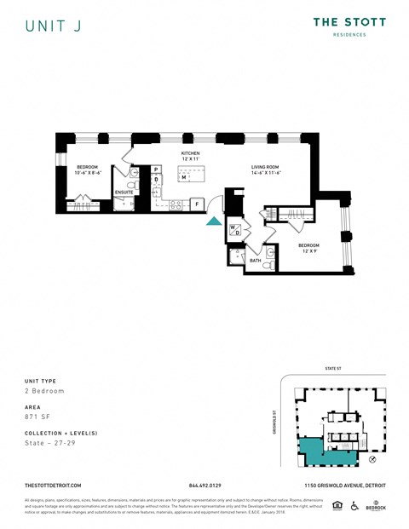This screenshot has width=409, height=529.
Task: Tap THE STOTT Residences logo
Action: click(x=349, y=26)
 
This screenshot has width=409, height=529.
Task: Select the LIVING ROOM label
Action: click(x=267, y=167)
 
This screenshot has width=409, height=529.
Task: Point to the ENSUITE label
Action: click(x=124, y=193)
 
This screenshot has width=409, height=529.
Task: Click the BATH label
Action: click(x=255, y=260)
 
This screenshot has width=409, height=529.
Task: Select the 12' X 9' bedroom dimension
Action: click(x=308, y=250)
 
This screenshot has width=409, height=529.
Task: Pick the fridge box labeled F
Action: click(x=197, y=204)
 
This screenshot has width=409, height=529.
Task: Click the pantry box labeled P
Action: click(x=156, y=170)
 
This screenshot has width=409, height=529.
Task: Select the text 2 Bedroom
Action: click(x=44, y=390)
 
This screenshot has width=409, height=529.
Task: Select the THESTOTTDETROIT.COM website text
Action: click(x=53, y=486)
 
